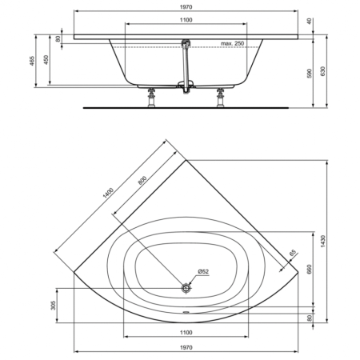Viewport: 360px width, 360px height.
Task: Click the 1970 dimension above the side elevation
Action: click(x=185, y=6)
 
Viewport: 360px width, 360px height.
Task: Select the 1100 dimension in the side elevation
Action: click(x=185, y=21)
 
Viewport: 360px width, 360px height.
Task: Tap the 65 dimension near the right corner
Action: click(x=293, y=253)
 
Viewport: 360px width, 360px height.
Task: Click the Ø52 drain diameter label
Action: click(x=203, y=272)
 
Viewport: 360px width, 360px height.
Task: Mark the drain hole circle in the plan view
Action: click(x=186, y=286)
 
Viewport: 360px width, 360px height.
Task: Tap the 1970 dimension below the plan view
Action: click(x=185, y=346)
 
